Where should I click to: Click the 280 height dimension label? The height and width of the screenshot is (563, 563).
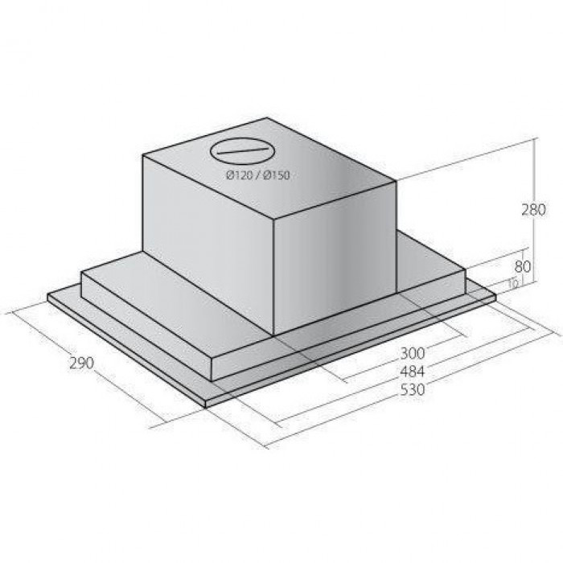(533, 209)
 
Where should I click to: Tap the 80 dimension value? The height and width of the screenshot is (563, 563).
(523, 267)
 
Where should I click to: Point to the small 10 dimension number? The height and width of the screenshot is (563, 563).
(513, 284)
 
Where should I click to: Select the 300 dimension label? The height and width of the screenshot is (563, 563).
(412, 353)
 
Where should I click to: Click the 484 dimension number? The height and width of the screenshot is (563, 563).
(412, 372)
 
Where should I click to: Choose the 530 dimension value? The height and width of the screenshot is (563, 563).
(412, 389)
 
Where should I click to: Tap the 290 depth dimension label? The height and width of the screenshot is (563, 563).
(81, 364)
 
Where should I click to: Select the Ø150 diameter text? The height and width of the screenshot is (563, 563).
(276, 175)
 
